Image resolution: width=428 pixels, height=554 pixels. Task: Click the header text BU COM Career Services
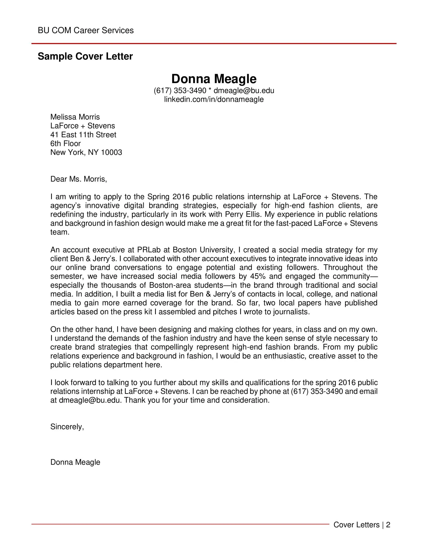click(x=85, y=30)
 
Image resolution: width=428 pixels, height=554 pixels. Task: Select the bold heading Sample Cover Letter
click(x=85, y=56)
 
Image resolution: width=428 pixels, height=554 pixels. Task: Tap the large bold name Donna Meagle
click(x=214, y=79)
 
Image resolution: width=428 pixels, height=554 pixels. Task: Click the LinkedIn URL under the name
click(x=214, y=99)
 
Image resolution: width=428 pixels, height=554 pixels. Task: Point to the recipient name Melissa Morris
click(x=75, y=117)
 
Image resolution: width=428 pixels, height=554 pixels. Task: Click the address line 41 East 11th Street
click(x=83, y=135)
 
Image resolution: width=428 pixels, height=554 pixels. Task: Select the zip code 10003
click(x=111, y=152)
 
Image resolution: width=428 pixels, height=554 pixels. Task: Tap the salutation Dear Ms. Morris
click(x=79, y=179)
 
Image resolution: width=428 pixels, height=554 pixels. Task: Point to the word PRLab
click(x=149, y=250)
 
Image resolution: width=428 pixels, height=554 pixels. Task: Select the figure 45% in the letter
click(x=258, y=276)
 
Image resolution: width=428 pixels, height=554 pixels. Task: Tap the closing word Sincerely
click(x=67, y=427)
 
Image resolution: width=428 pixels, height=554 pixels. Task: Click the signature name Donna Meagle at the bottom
click(x=75, y=462)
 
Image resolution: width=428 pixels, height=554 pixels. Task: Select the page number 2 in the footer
click(x=388, y=525)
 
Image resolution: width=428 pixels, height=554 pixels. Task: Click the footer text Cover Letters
click(x=356, y=525)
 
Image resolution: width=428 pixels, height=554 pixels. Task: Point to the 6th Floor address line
click(x=65, y=144)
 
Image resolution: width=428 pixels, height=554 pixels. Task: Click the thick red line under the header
click(x=214, y=44)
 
